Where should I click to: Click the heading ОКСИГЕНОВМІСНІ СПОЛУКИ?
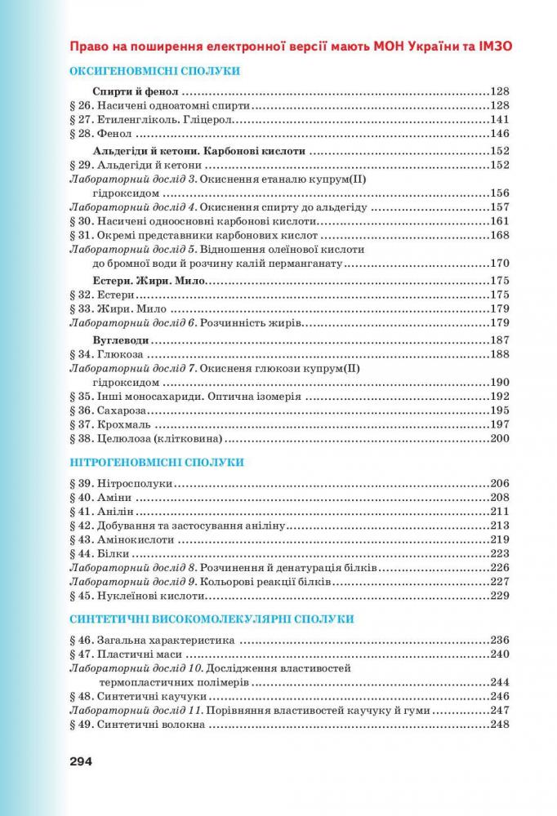[x=160, y=72]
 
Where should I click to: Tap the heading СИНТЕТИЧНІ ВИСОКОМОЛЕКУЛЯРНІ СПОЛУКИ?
[x=212, y=619]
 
